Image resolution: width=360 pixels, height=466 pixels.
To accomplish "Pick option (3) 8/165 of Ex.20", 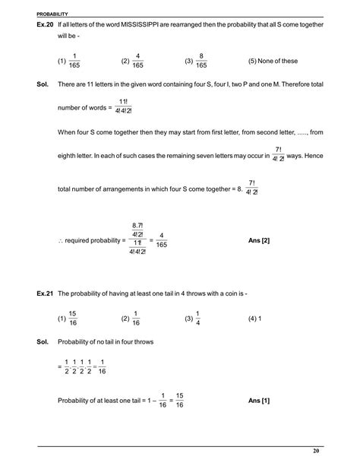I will pos(197,61).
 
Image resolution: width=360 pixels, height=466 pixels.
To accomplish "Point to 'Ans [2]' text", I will pos(259,241).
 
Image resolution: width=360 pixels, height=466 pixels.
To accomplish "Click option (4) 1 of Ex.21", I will pos(254,319).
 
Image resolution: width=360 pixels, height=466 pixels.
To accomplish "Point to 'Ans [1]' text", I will pos(259,401).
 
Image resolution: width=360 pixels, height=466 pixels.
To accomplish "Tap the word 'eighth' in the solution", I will pos(69,154).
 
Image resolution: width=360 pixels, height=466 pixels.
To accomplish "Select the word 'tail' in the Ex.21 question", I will pos(168,293).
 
